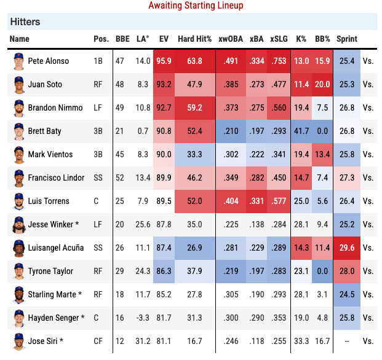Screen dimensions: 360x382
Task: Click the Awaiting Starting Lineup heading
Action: (196, 6)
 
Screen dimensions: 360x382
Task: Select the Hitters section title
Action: (25, 22)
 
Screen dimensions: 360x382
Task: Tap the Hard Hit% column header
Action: (194, 39)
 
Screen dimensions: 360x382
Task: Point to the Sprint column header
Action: (347, 39)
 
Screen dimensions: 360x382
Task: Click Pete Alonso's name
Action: (49, 61)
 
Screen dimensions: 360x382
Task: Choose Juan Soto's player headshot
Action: (18, 84)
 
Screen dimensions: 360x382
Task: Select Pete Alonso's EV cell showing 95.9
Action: (164, 61)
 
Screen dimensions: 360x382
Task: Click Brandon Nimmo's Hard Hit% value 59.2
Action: (194, 108)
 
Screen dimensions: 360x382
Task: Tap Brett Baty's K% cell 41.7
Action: (301, 131)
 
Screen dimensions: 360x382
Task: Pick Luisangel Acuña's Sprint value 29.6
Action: (347, 248)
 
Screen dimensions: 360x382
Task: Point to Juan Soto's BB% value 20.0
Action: (322, 84)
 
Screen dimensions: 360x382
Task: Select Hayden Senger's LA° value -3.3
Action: (142, 318)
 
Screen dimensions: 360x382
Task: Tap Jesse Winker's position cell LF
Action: (98, 224)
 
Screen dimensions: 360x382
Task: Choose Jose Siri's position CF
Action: (98, 341)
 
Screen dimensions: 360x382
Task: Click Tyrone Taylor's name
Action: (50, 271)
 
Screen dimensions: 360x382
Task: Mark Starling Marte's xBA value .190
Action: (256, 294)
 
